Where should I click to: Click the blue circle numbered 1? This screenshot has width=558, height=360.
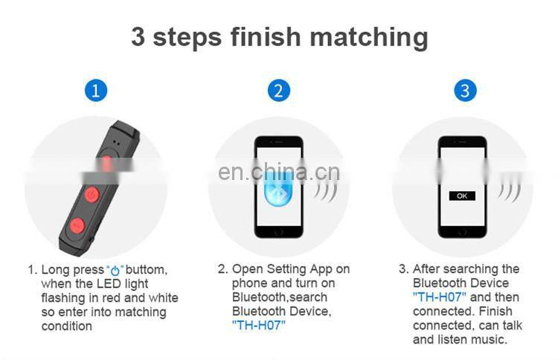96,90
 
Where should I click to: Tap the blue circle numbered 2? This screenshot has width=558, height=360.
279,90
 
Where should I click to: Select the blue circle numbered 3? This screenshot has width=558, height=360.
465,90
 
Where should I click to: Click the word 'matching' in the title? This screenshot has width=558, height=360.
369,37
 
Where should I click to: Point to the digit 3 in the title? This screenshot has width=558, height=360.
138,36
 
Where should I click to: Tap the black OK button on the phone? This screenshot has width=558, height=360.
462,196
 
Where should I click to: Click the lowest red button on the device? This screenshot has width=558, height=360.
77,225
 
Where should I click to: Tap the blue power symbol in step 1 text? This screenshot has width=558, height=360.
115,271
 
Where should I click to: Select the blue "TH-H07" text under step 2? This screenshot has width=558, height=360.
259,325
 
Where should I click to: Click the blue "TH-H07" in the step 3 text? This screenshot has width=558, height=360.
440,297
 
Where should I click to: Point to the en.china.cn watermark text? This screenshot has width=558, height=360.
279,172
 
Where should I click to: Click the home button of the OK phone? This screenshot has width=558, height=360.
462,232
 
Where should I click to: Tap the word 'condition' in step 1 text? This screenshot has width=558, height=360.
66,326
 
